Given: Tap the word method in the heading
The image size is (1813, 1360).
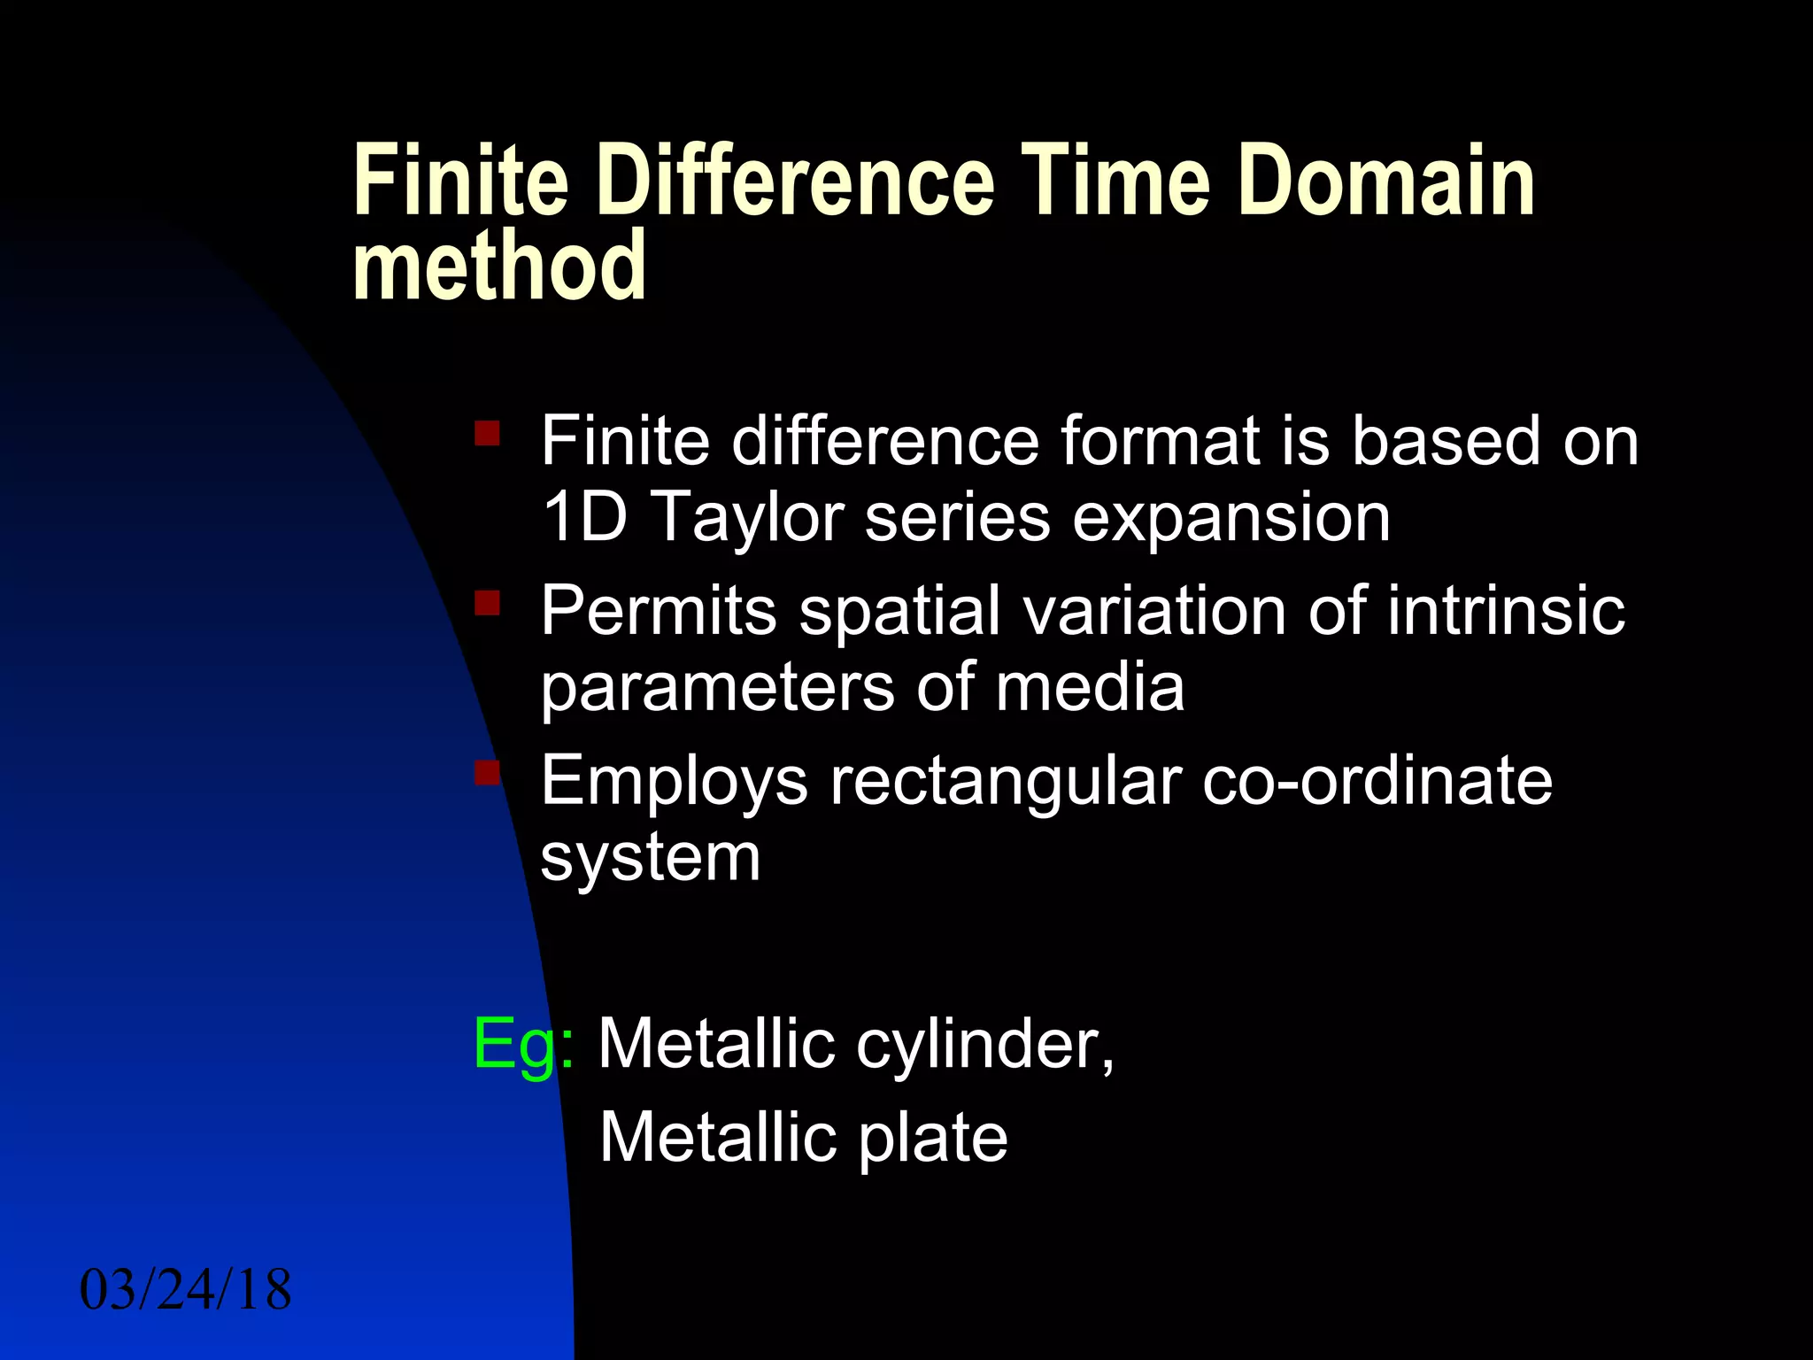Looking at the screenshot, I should coord(499,266).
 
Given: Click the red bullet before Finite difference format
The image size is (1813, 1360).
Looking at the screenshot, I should coord(487,434).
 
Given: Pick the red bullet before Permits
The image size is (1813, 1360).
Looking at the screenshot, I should coord(487,604).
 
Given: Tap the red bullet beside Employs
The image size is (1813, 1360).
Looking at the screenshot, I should coord(487,773).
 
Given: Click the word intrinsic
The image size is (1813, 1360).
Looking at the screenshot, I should coord(1505,611).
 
